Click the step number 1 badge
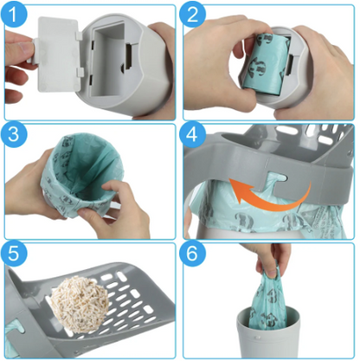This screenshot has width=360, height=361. (16, 16)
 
